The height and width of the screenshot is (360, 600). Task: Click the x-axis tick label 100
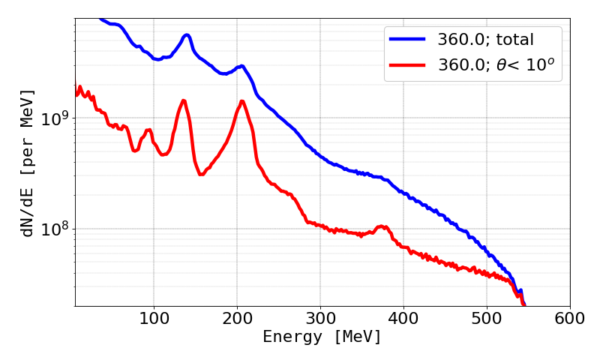pos(154,317)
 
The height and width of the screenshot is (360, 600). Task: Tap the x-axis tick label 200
pos(237,317)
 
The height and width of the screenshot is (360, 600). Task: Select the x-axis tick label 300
pos(320,317)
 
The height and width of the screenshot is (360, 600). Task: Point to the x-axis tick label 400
pos(403,317)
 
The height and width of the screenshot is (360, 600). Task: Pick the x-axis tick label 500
pos(487,317)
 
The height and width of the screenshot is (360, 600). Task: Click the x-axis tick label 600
pos(570,317)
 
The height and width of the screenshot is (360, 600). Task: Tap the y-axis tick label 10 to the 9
pos(53,118)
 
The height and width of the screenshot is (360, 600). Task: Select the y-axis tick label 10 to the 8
pos(53,228)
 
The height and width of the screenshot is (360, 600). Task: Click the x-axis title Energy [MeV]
pos(322,337)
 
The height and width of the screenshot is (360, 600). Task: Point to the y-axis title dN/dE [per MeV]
pos(28,163)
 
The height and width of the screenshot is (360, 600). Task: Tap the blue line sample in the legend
pos(407,38)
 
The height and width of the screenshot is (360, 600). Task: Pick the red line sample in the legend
pos(407,66)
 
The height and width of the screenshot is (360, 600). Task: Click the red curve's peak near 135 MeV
pos(183,100)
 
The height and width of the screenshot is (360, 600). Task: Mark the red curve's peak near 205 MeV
pos(241,101)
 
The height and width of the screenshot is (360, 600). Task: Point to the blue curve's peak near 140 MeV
pos(187,34)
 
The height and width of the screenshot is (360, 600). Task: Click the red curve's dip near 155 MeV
pos(200,174)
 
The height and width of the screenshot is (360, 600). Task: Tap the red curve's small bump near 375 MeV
pos(382,226)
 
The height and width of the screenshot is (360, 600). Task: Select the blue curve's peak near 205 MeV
pos(241,66)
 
